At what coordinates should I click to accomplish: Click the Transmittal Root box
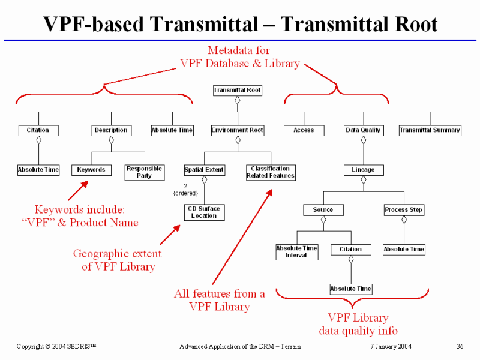point(238,91)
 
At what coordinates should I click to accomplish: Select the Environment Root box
point(238,130)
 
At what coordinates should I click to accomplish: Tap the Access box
point(304,130)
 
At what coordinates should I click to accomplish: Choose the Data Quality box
point(363,130)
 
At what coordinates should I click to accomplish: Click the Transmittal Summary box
point(430,130)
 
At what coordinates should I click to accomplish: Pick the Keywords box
point(91,170)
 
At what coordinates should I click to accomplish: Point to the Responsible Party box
point(144,173)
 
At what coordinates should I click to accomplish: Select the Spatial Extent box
point(204,170)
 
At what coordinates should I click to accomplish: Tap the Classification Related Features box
point(271,173)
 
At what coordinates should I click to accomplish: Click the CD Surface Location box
point(204,212)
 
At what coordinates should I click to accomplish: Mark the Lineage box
point(363,170)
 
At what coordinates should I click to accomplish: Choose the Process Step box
point(404,210)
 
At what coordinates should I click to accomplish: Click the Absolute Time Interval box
point(296,252)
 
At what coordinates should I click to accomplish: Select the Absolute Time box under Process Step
point(404,249)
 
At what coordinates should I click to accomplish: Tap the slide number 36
point(460,347)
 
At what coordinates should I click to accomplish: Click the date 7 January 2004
point(391,347)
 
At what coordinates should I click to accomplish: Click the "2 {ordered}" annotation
point(185,190)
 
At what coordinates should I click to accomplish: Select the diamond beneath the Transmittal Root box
point(238,100)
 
